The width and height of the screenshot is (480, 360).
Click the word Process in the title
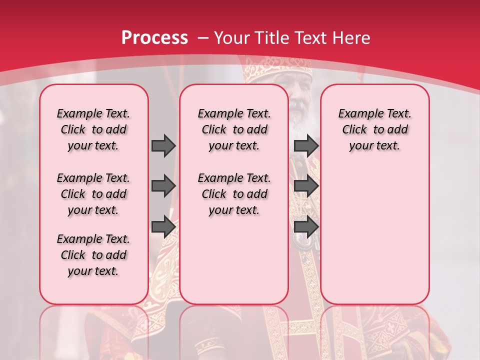pos(154,38)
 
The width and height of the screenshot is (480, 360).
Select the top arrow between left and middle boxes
pos(163,145)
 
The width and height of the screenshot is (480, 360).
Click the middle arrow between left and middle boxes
pos(163,186)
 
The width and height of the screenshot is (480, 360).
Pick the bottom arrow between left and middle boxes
pos(163,226)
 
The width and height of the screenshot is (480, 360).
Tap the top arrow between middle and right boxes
pos(306,145)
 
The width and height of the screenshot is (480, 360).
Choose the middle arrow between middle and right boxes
pos(306,186)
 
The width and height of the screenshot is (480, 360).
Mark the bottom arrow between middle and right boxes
pos(306,226)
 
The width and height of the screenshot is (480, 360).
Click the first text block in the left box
pos(93,129)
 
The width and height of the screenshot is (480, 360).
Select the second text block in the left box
pos(93,194)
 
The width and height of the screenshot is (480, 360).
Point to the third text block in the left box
pos(93,255)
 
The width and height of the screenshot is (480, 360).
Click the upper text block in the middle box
pos(234,129)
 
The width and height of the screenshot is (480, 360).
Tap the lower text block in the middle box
pos(234,194)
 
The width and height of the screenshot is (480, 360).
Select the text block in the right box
pos(374,129)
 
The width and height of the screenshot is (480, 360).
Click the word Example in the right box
pos(357,114)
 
